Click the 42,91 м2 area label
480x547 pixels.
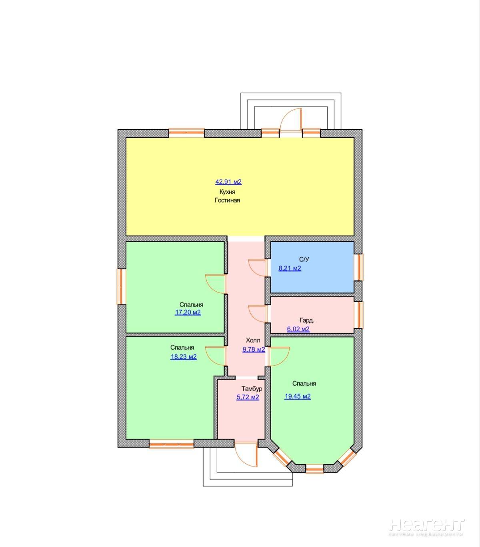tap(228, 182)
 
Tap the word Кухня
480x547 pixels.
tap(227, 192)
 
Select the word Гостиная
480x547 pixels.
tap(227, 200)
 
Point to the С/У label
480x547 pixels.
tap(304, 259)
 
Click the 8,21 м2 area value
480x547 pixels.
tap(290, 268)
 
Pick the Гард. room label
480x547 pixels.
tap(307, 321)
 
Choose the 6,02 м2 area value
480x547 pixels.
tap(298, 329)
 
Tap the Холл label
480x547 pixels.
tap(253, 340)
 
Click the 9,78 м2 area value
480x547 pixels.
tap(254, 350)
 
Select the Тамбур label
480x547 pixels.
tap(252, 389)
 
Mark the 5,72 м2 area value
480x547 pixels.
tap(248, 397)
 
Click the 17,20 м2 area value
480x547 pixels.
tap(188, 313)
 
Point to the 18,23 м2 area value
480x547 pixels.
tap(183, 357)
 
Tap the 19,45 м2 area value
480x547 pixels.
tap(298, 397)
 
